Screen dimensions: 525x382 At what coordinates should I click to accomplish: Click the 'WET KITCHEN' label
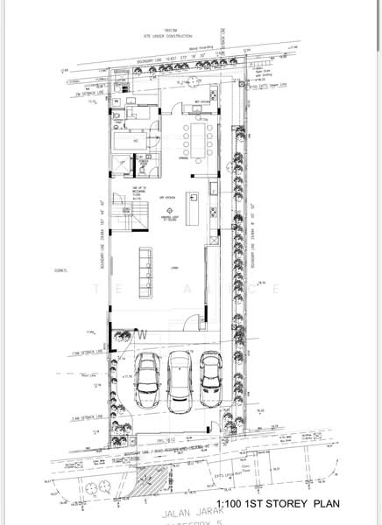(202, 102)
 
